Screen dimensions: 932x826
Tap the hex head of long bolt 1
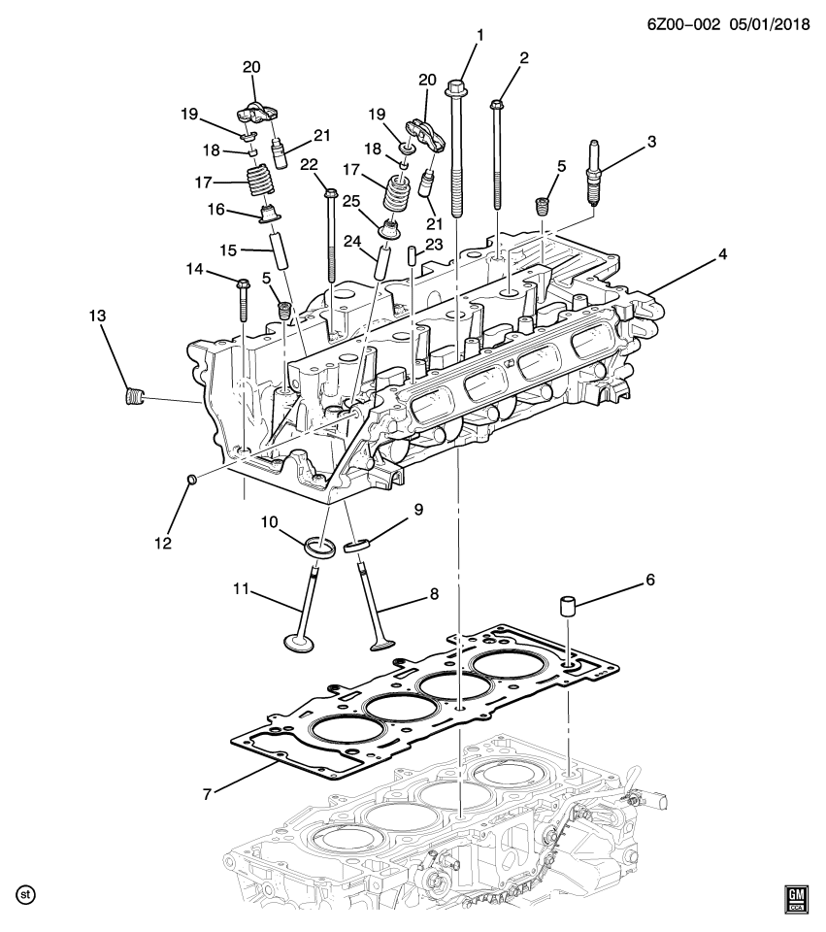456,90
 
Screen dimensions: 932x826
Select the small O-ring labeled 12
191,480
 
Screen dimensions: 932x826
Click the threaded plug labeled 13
135,396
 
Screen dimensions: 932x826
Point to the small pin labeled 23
412,256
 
